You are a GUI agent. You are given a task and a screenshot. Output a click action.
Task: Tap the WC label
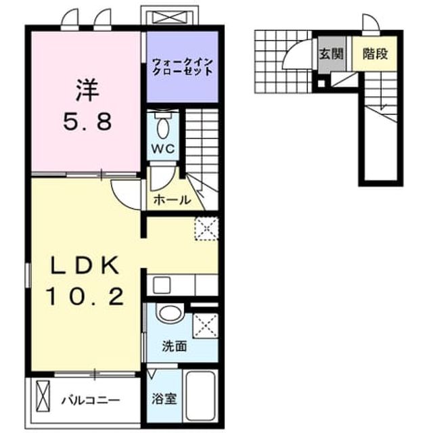click(x=163, y=149)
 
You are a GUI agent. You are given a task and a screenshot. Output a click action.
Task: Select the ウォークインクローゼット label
click(x=183, y=66)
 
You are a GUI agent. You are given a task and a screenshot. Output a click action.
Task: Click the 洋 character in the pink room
click(x=87, y=90)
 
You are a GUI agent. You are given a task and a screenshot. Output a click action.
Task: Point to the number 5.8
click(x=87, y=122)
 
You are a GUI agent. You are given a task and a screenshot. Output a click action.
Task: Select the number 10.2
click(x=86, y=296)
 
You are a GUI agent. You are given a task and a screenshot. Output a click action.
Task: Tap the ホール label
click(x=172, y=200)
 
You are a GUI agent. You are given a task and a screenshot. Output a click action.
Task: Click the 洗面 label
click(x=175, y=346)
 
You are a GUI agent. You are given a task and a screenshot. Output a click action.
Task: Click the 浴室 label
click(x=164, y=398)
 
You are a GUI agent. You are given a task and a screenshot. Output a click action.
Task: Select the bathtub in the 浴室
click(x=201, y=396)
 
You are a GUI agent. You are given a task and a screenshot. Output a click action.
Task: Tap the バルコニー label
click(x=91, y=400)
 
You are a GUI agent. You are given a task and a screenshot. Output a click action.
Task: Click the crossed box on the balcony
click(x=43, y=396)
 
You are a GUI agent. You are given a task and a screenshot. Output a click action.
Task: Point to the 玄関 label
click(x=331, y=54)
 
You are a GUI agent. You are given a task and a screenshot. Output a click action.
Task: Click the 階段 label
click(x=375, y=53)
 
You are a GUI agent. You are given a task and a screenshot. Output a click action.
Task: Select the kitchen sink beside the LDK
click(x=162, y=286)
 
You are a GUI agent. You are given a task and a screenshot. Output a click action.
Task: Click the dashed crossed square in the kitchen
click(x=207, y=229)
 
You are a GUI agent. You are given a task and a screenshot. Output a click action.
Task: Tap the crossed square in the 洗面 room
click(x=206, y=325)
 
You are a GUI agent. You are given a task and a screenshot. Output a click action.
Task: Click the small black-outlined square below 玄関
click(x=321, y=83)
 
